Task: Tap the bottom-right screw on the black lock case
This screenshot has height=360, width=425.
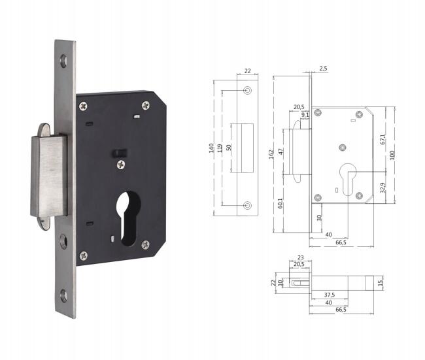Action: (145, 245)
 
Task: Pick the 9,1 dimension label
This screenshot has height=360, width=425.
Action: (305, 115)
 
